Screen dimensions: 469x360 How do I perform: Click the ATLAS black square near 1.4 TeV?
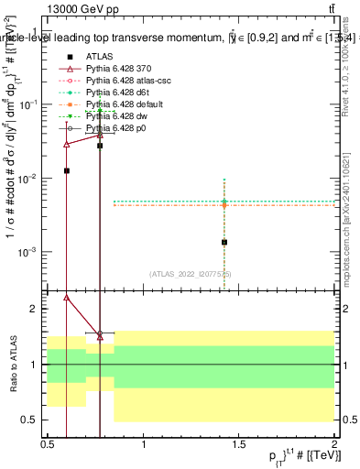[224, 243]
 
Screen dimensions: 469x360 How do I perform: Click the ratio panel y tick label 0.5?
[34, 420]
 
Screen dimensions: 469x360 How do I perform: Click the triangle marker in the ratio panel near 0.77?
[100, 336]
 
